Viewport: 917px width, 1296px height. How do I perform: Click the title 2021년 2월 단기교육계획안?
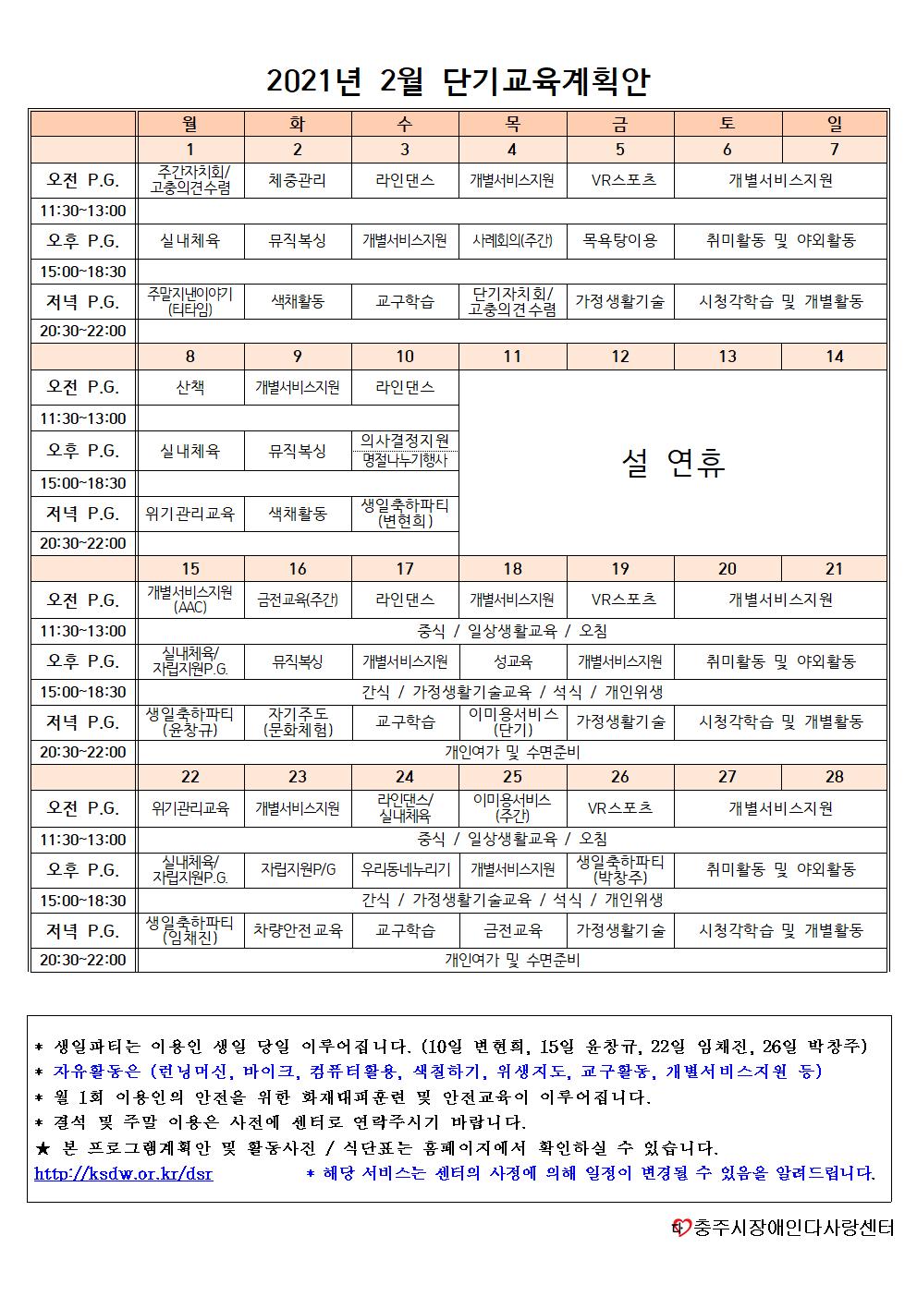458,81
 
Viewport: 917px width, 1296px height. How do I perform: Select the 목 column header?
512,123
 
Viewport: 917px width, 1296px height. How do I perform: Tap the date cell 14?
834,357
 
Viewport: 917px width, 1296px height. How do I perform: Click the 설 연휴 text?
673,463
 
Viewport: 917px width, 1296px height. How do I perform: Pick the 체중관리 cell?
298,180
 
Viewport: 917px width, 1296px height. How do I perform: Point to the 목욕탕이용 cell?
619,241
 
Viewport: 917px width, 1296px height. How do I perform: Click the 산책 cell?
190,387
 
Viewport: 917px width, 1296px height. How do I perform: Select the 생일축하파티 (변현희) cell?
405,514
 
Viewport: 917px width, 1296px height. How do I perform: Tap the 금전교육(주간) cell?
298,600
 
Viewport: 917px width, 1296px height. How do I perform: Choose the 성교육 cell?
512,661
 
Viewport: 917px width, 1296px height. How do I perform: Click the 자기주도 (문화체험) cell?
298,721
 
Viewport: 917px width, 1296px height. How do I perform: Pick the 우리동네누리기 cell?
405,869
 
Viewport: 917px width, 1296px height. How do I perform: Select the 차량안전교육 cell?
298,930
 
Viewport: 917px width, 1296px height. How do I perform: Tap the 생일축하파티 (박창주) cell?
619,869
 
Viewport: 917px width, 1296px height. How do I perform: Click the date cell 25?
512,777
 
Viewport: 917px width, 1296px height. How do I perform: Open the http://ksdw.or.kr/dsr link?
123,1173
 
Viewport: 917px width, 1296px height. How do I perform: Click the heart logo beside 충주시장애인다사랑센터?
682,1228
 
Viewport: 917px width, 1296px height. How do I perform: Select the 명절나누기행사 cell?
405,460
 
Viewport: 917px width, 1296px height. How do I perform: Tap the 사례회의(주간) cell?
512,241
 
